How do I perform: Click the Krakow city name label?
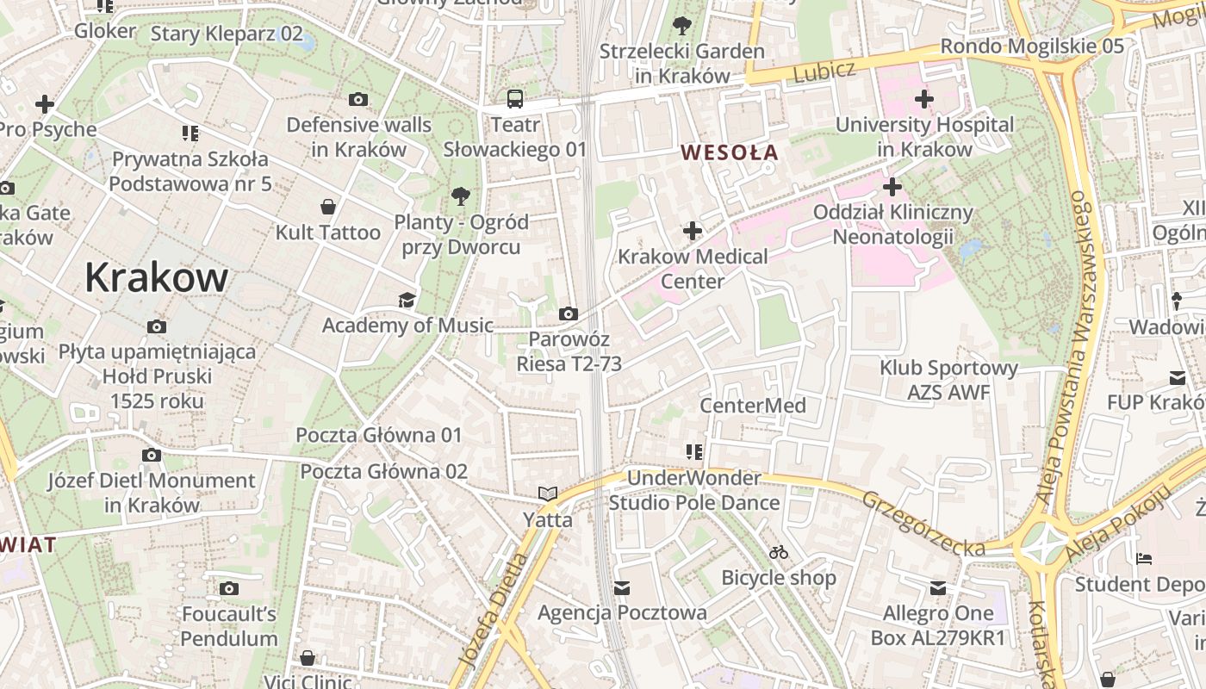click(x=156, y=277)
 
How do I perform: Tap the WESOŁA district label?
click(x=729, y=153)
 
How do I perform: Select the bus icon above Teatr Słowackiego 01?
click(x=515, y=99)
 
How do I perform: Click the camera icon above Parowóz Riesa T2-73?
click(x=569, y=313)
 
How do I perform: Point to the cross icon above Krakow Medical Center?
click(x=693, y=231)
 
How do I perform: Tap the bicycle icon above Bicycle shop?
click(x=779, y=552)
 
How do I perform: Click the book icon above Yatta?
click(x=548, y=494)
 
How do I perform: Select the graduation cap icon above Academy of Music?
click(x=407, y=300)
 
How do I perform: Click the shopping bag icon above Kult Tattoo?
click(x=327, y=207)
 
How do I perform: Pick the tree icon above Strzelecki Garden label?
click(x=682, y=26)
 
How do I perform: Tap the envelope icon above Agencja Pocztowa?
click(x=622, y=587)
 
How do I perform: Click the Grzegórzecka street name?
click(x=923, y=524)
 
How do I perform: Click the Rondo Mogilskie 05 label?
click(x=1032, y=46)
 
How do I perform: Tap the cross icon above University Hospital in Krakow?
click(x=924, y=99)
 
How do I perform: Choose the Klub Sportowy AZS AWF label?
click(x=948, y=380)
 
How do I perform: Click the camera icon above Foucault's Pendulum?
click(x=229, y=589)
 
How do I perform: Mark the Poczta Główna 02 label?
click(x=383, y=471)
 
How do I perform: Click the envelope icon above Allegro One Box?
click(x=937, y=588)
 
